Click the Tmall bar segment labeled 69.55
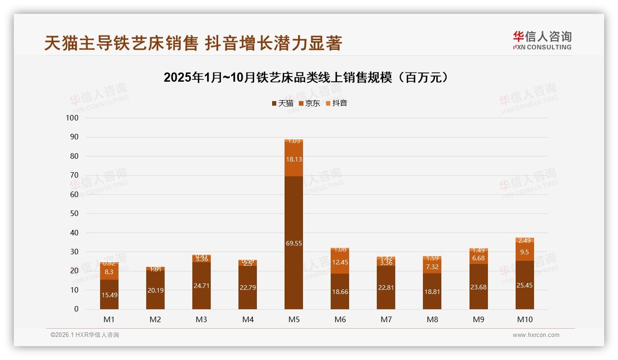click(294, 243)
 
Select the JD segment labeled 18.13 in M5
click(294, 159)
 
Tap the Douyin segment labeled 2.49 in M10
click(524, 240)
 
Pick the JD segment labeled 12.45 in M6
click(340, 262)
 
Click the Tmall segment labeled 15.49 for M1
click(109, 294)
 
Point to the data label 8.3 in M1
click(109, 272)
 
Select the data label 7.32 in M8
click(432, 267)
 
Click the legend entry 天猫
click(283, 103)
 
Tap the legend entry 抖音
click(337, 103)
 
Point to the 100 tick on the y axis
click(72, 118)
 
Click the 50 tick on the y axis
click(74, 213)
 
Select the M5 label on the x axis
click(294, 319)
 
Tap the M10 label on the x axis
click(524, 319)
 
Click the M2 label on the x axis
click(155, 319)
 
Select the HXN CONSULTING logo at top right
click(542, 41)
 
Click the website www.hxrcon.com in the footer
click(536, 335)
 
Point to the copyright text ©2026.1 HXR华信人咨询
click(85, 335)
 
